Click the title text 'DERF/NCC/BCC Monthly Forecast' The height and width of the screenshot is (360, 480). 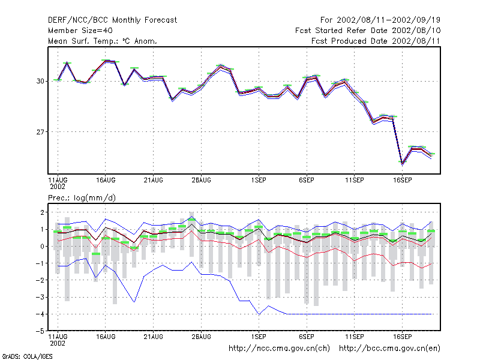(x=112, y=20)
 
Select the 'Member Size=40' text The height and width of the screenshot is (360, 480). (x=80, y=31)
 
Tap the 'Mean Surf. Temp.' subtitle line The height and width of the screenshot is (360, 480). (x=103, y=41)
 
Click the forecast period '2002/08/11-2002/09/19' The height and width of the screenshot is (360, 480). (x=388, y=20)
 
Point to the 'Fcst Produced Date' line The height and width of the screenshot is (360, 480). (x=376, y=41)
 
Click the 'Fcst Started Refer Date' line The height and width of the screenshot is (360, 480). (x=368, y=31)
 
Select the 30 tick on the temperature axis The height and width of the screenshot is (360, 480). (x=40, y=81)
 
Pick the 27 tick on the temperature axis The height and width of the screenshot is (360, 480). (x=40, y=132)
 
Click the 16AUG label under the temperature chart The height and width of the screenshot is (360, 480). (x=106, y=181)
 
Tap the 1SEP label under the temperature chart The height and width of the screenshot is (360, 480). (x=259, y=181)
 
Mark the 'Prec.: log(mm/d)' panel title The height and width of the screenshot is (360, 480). (x=82, y=198)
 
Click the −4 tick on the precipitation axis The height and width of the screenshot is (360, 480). (x=40, y=314)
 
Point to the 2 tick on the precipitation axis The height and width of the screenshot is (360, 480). (x=43, y=212)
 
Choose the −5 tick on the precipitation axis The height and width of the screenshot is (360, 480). (x=40, y=331)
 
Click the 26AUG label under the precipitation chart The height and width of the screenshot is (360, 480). (x=201, y=337)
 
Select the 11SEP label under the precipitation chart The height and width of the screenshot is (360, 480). (x=355, y=337)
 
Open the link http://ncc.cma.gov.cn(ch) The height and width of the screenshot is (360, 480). (x=279, y=349)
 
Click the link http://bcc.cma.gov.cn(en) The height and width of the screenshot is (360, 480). (x=389, y=349)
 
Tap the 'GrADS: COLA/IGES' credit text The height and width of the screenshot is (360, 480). (x=27, y=356)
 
